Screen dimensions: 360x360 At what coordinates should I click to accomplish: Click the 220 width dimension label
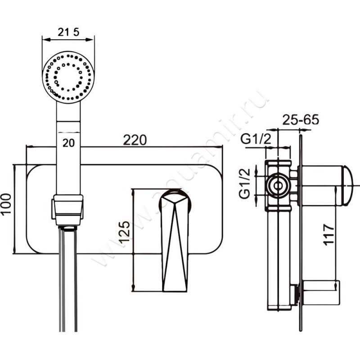tap(135, 140)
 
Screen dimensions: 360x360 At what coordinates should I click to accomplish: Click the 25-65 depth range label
tap(301, 120)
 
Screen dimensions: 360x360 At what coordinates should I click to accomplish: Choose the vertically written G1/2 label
tap(245, 184)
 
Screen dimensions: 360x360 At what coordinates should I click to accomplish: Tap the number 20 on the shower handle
tap(68, 143)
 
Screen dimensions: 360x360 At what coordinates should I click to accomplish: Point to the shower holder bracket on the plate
tap(68, 208)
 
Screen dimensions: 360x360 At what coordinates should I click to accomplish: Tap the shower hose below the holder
tap(68, 279)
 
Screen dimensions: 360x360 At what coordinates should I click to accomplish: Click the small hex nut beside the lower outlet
tap(295, 293)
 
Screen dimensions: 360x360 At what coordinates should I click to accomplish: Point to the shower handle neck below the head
tap(68, 117)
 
